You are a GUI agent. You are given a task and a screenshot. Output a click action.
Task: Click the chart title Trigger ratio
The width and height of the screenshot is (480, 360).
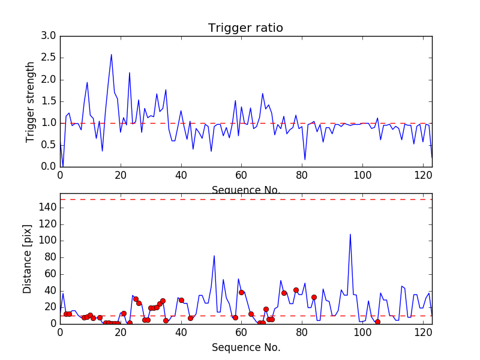pos(245,28)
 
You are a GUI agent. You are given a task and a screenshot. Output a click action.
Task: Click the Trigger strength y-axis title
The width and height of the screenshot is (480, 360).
pos(31,101)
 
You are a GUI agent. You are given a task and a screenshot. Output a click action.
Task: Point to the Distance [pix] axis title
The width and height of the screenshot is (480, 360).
pos(28,258)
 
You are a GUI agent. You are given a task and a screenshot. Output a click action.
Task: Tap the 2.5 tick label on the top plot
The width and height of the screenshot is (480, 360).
pos(49,58)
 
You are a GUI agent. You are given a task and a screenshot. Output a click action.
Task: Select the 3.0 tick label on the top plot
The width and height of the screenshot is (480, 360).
pos(49,36)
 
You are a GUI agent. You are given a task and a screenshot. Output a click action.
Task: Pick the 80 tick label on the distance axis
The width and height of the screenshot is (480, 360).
pos(49,257)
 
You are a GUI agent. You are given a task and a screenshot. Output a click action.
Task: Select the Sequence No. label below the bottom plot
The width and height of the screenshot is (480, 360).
pos(245,347)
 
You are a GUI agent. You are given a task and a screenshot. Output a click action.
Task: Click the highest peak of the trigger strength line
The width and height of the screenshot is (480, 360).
pos(111,55)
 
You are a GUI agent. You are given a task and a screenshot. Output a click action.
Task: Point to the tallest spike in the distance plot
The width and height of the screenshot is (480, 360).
pos(350,234)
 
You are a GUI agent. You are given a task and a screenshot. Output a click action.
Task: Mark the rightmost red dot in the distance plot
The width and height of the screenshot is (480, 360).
pos(377,322)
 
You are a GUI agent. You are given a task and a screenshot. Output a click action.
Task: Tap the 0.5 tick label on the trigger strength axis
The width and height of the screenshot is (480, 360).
pos(49,145)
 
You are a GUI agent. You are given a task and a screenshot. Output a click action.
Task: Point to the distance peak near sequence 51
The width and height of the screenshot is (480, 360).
pos(214,256)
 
